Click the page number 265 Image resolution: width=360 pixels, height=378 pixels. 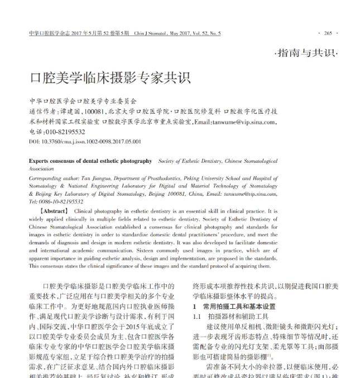328,33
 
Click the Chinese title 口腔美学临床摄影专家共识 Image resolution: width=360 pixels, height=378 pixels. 110,77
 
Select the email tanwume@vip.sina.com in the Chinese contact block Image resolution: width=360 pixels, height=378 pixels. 243,123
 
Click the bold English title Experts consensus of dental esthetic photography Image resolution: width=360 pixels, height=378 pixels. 90,161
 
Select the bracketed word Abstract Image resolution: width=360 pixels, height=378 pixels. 54,212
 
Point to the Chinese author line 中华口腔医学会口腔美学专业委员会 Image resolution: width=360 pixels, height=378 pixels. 83,102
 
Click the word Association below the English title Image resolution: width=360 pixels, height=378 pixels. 41,168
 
